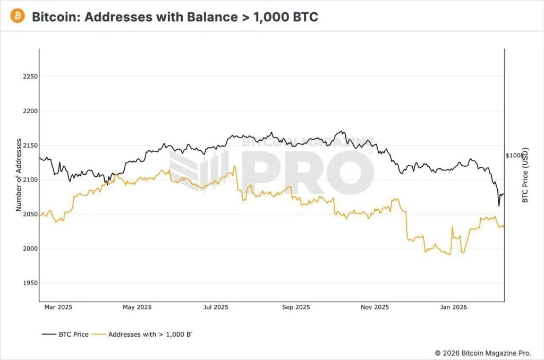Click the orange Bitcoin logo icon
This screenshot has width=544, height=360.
tap(17, 16)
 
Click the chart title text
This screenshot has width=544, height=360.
tap(175, 16)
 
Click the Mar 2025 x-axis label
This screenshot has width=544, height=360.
tap(58, 307)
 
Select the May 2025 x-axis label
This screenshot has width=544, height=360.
tap(137, 307)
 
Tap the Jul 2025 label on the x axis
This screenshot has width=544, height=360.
tap(216, 307)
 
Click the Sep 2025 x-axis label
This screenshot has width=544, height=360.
tap(295, 307)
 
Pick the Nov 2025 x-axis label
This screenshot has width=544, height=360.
tap(375, 307)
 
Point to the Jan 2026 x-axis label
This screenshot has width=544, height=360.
tap(453, 307)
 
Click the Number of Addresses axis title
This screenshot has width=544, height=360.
tap(19, 175)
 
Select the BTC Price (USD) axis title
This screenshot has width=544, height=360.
tap(525, 175)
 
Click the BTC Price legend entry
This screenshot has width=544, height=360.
tap(65, 335)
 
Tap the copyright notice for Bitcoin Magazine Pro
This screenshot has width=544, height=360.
tap(486, 353)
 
